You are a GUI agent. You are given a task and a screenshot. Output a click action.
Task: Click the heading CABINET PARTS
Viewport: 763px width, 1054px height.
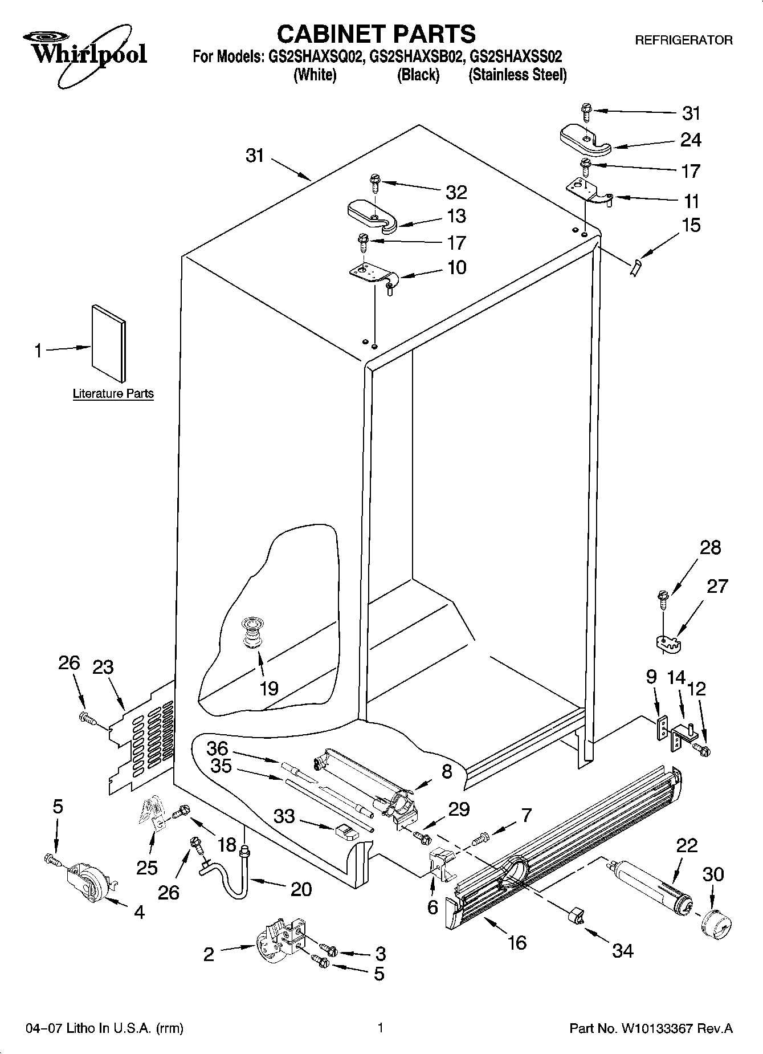click(376, 34)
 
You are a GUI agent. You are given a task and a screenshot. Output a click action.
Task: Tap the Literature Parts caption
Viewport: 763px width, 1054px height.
click(113, 393)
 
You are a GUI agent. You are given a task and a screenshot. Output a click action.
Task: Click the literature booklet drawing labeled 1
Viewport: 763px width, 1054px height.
click(109, 343)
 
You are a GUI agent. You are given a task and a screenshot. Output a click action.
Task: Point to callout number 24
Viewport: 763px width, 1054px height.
click(691, 140)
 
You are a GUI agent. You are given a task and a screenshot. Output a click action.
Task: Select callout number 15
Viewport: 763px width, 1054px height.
click(691, 225)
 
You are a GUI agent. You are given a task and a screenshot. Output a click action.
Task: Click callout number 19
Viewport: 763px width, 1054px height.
click(268, 688)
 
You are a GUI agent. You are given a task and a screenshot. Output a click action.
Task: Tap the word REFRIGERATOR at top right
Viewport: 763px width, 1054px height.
click(684, 40)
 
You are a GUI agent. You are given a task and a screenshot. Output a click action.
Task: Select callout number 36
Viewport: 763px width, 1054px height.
click(217, 747)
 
